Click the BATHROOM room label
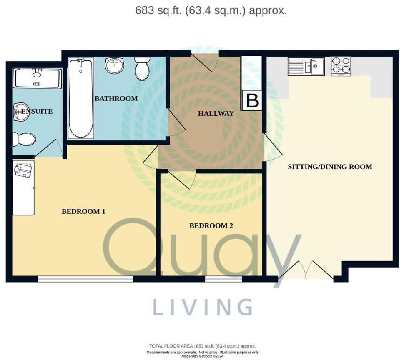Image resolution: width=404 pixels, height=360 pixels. coord(116,99)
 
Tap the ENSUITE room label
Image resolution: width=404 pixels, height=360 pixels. coord(37,111)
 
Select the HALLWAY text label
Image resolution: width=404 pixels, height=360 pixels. coord(216,113)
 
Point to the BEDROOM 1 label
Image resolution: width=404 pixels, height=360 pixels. coord(83,211)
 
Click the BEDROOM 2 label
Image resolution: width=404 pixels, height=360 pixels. coord(211,225)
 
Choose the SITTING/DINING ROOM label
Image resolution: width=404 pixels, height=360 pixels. coord(330,167)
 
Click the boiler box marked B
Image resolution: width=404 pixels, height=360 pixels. coord(252,101)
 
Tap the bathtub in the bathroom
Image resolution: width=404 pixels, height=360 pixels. coord(81,98)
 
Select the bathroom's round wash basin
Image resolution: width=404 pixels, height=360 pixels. coord(114,65)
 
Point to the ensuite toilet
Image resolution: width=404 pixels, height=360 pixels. coord(24,139)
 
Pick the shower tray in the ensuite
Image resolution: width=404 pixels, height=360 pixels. coord(37,78)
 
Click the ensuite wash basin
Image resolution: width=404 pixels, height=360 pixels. coord(21,112)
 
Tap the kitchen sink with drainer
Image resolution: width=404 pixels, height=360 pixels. coord(306,66)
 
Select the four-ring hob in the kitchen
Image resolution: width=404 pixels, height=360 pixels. coord(341,66)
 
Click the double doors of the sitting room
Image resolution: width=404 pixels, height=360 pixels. coord(306,270)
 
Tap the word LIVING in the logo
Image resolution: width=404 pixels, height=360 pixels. coord(202,307)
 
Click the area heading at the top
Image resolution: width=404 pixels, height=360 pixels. coord(211,10)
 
